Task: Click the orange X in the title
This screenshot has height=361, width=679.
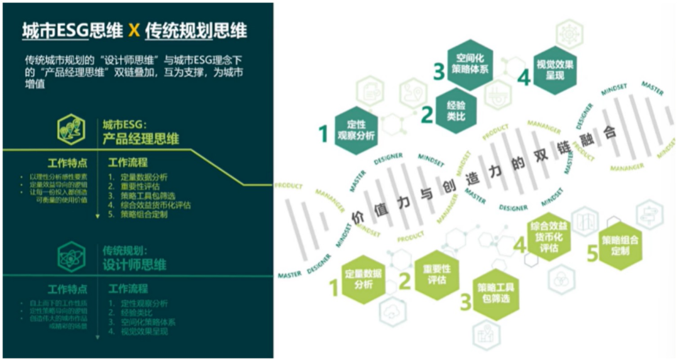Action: point(133,30)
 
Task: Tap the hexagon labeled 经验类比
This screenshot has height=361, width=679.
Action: point(455,110)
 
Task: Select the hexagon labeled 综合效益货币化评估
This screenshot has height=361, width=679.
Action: point(549,237)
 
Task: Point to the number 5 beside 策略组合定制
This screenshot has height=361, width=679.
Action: point(591,254)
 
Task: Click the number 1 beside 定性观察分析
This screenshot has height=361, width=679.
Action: point(324,134)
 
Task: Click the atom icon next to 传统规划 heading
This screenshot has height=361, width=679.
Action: point(72,256)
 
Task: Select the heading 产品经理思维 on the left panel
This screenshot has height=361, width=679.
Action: point(141,139)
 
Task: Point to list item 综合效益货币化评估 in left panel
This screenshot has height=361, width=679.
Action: point(150,205)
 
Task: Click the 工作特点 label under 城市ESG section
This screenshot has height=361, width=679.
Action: point(67,163)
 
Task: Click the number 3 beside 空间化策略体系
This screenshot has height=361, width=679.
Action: point(438,71)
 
